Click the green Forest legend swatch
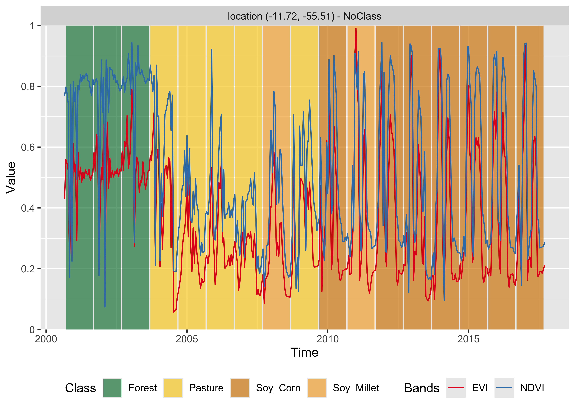(112, 388)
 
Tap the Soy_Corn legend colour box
(240, 388)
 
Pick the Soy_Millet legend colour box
(317, 388)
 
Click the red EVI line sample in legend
(456, 388)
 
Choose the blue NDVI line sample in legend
(504, 388)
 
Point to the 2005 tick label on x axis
(187, 339)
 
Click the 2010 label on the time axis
(328, 339)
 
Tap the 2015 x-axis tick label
(468, 339)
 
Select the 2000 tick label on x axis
(46, 339)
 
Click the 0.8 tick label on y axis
(28, 86)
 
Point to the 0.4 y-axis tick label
(28, 208)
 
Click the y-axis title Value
(11, 178)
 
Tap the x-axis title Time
(304, 352)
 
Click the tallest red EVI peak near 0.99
(356, 29)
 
